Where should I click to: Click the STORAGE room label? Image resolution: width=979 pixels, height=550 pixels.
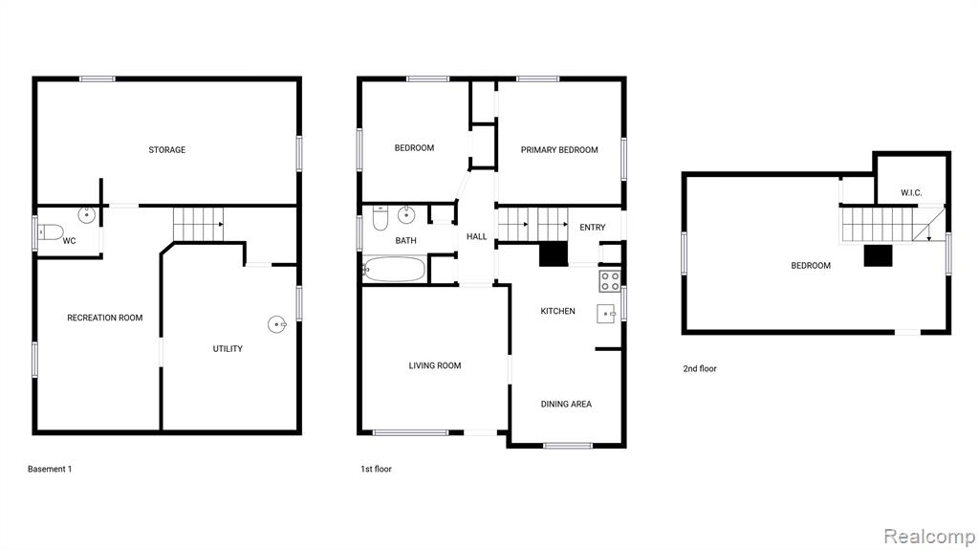point(166,150)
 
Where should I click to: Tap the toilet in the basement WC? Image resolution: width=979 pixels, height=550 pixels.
point(50,232)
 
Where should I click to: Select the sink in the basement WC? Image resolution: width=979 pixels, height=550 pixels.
point(87,215)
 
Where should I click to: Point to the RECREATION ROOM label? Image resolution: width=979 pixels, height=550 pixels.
point(105,318)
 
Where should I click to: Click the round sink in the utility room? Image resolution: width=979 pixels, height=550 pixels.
point(277,324)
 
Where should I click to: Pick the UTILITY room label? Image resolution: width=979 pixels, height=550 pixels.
point(228,349)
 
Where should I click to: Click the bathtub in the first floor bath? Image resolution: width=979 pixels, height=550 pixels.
point(394,270)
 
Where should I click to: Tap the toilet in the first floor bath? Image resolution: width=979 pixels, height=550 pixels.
point(381,217)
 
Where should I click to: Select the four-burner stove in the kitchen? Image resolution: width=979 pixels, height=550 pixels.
point(610,281)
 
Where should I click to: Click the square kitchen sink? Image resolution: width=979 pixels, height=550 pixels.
point(605,313)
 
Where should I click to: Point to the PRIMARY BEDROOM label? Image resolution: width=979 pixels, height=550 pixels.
point(559,150)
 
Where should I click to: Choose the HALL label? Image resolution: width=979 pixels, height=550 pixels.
point(476,236)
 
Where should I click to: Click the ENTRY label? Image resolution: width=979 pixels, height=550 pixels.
point(593,228)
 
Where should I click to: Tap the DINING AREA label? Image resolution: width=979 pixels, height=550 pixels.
point(566,404)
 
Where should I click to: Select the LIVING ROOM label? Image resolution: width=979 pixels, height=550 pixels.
point(435,365)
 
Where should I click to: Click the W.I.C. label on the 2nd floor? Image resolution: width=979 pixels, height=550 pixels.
point(911,192)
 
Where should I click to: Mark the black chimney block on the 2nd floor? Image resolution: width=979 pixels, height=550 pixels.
point(878,255)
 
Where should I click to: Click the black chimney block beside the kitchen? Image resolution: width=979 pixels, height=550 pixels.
point(554,254)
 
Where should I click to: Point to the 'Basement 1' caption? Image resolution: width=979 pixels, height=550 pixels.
point(50,469)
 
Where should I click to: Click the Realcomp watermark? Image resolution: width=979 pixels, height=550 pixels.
point(929,537)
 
